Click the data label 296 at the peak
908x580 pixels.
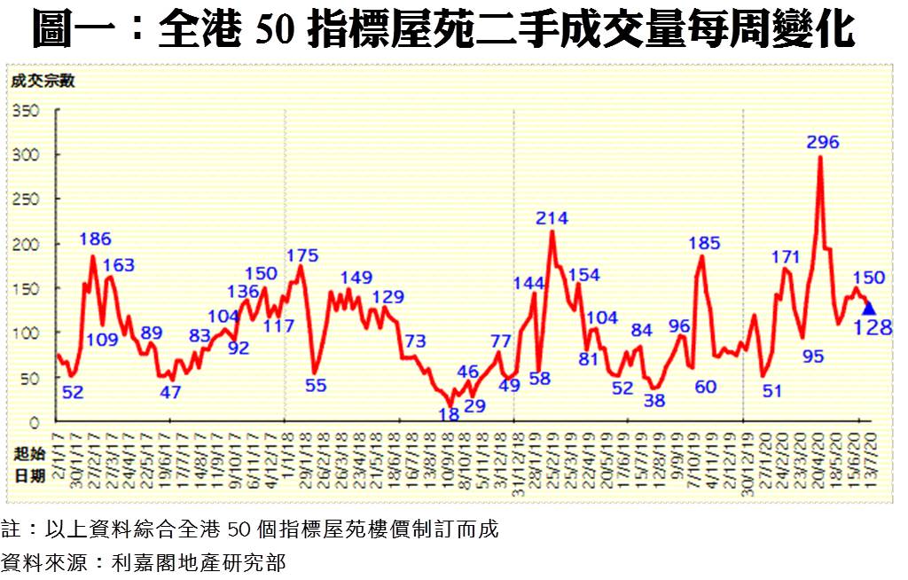click(823, 142)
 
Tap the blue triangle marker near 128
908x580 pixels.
click(868, 308)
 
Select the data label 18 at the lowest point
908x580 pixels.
click(449, 413)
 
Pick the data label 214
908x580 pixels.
click(552, 218)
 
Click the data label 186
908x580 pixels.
click(95, 239)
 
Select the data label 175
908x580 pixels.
click(301, 257)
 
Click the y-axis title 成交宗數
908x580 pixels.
click(42, 82)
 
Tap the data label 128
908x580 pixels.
click(873, 328)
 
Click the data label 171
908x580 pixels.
click(786, 258)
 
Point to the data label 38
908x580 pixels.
click(654, 400)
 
